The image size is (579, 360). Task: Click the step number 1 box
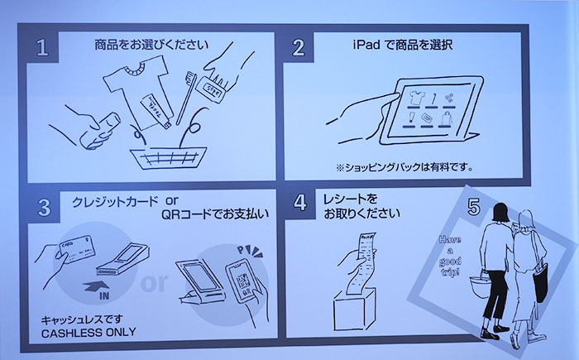(46, 47)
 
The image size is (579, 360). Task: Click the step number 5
(473, 209)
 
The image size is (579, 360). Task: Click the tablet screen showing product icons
(429, 111)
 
